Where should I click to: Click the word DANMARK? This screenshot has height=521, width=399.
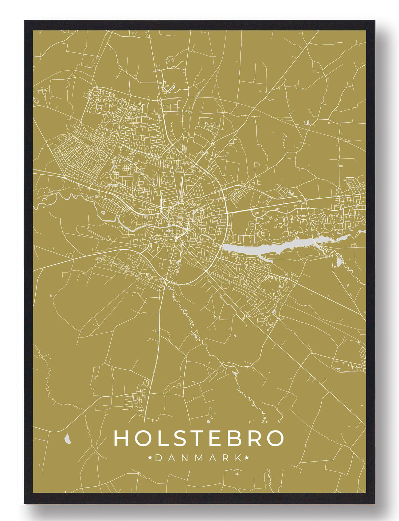point(198,458)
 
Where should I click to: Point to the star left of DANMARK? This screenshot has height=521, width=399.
point(150,458)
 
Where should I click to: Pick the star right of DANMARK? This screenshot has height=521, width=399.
point(246,458)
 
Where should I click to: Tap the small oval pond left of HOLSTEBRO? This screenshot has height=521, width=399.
point(67,439)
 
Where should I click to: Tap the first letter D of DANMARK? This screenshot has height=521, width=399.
point(158,458)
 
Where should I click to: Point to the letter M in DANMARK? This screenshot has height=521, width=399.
point(198,458)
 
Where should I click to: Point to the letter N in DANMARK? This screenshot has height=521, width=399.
point(185,458)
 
